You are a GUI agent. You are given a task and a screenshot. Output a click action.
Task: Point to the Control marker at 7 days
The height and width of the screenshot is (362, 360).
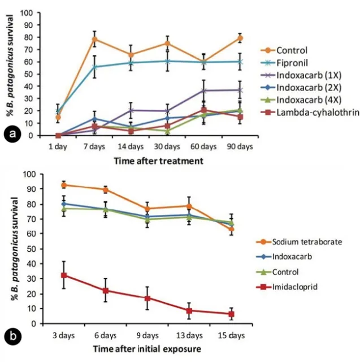[95, 39]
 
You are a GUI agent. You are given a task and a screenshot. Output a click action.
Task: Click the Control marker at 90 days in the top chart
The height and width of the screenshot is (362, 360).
[240, 38]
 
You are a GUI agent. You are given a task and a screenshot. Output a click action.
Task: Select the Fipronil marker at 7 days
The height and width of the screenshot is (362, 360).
[95, 67]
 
